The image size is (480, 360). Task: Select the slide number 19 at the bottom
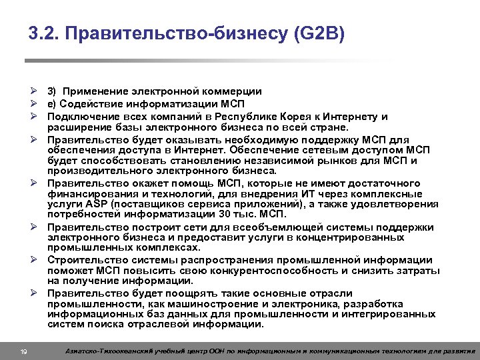click(23, 351)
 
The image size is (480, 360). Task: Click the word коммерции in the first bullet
click(233, 91)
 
